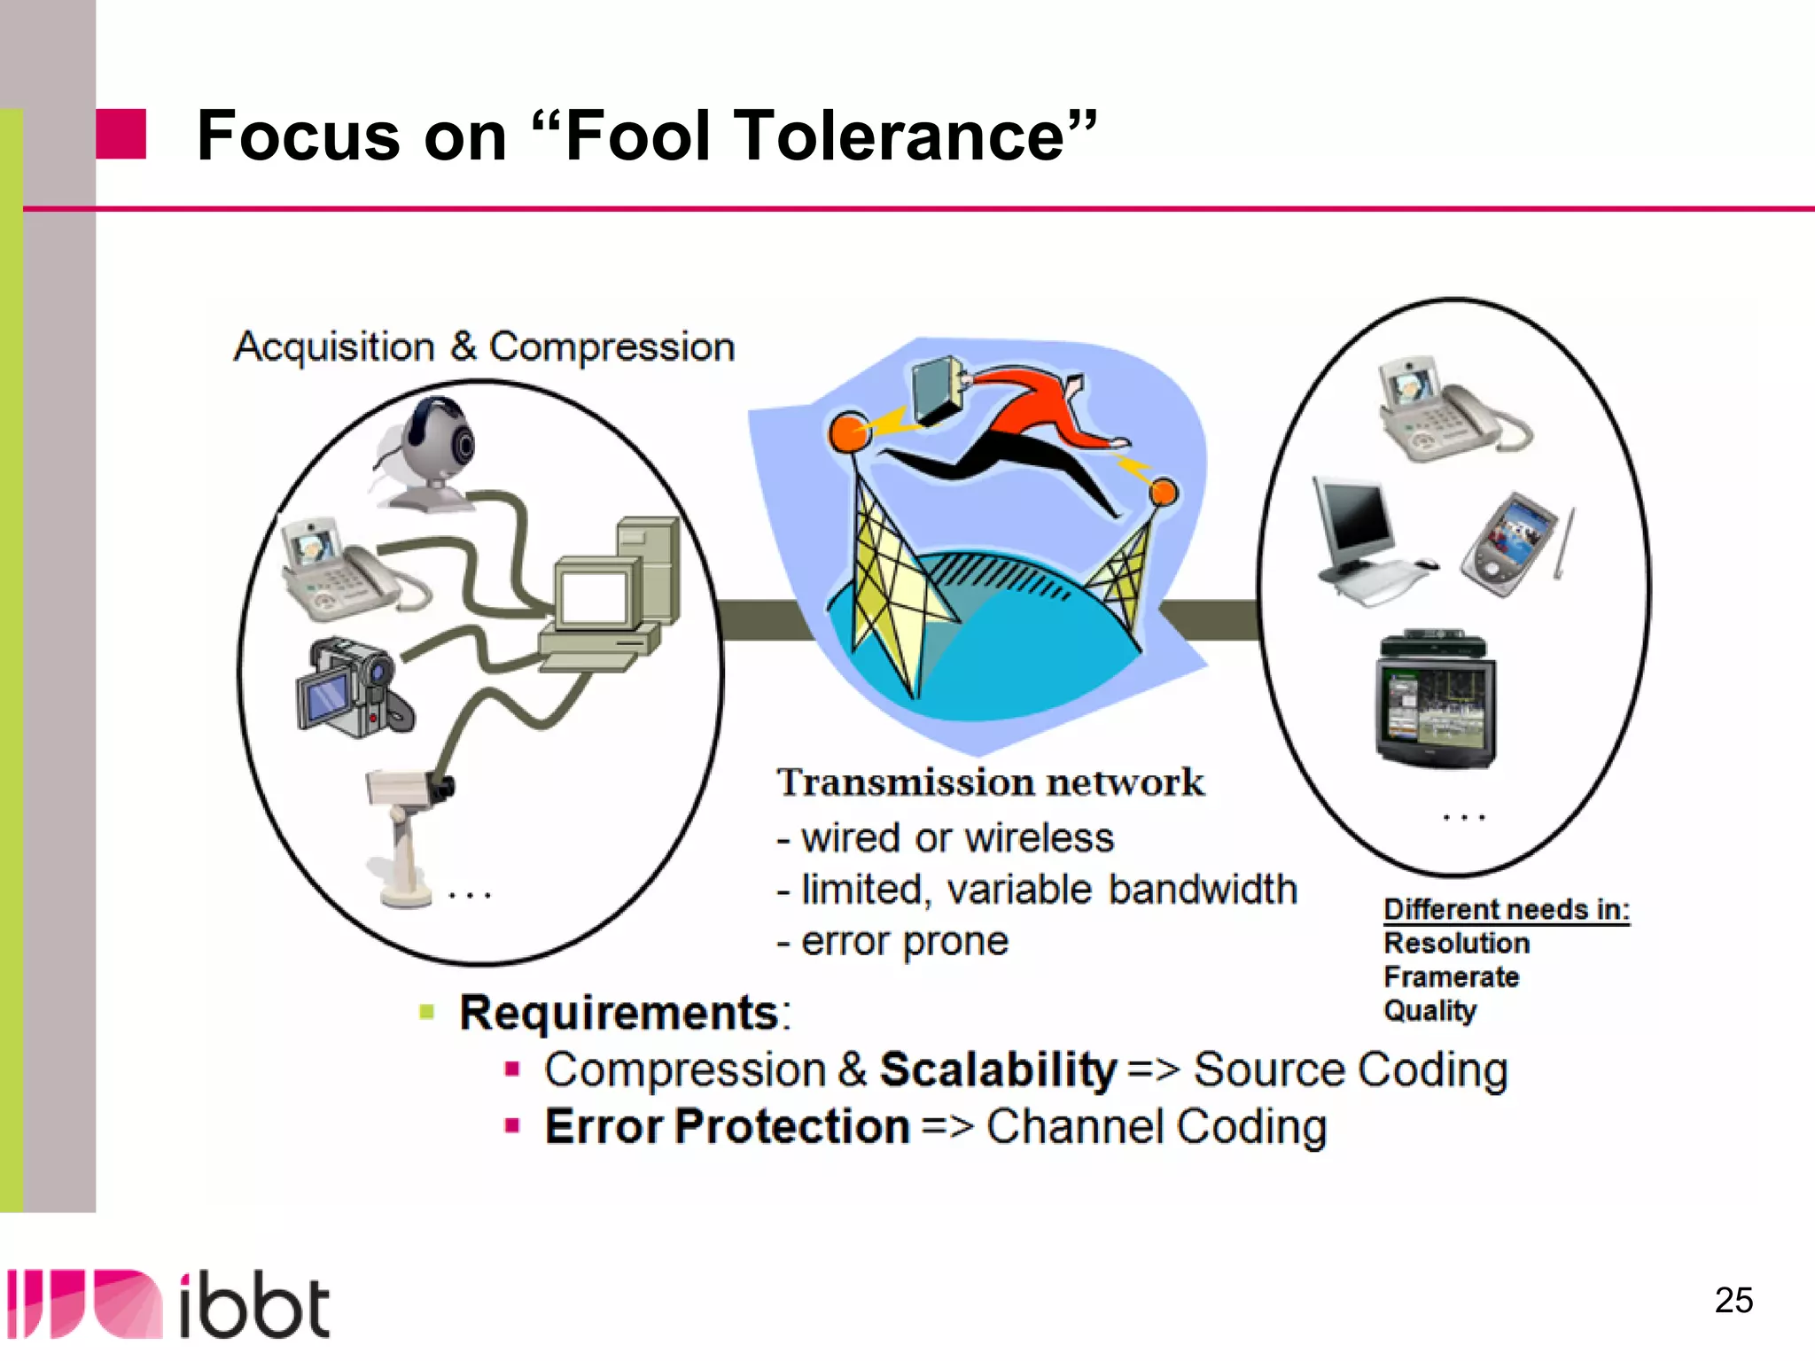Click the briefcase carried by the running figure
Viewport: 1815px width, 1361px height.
point(939,391)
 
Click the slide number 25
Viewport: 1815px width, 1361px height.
point(1733,1300)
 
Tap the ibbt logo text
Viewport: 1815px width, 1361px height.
point(254,1307)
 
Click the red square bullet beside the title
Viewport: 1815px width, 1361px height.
point(121,134)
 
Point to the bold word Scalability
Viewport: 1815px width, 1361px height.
point(998,1069)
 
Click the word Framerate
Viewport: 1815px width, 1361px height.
point(1451,976)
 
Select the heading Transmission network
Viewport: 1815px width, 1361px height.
point(990,782)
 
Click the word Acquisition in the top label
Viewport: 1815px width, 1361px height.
point(334,346)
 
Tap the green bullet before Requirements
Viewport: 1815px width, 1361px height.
point(427,1012)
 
